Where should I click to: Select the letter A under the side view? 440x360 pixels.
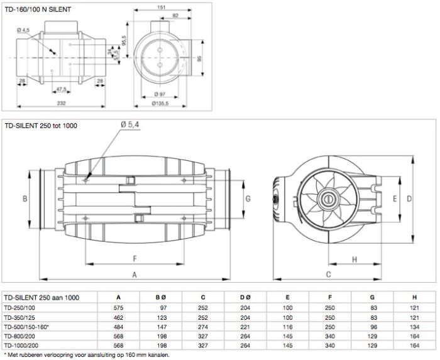point(135,275)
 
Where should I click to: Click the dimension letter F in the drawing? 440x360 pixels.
point(135,258)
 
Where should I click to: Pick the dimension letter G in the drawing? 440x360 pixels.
point(249,199)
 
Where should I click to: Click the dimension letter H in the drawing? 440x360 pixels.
point(354,259)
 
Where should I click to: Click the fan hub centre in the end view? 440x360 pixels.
point(327,200)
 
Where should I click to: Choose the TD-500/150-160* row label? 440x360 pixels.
point(27,327)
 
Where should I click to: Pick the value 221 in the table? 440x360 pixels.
point(245,327)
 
